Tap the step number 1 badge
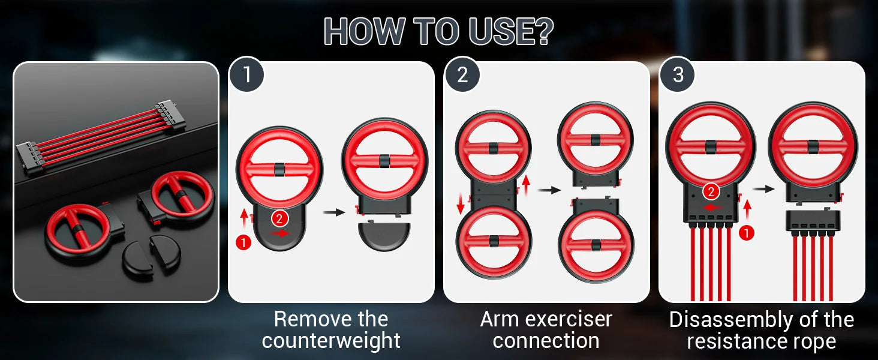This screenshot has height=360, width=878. [246, 74]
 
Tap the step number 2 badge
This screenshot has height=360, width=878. [462, 74]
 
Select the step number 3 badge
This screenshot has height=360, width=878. [678, 74]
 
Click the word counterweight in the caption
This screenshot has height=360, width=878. [331, 340]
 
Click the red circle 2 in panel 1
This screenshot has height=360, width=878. [279, 219]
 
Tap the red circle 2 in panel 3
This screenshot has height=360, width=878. [711, 192]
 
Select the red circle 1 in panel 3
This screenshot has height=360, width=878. [747, 233]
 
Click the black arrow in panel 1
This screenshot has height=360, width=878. [334, 212]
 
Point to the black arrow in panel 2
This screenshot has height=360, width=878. [549, 190]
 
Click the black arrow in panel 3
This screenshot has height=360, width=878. [763, 189]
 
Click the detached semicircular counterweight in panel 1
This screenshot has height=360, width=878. [384, 236]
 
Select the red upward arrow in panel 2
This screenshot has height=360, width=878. [526, 186]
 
